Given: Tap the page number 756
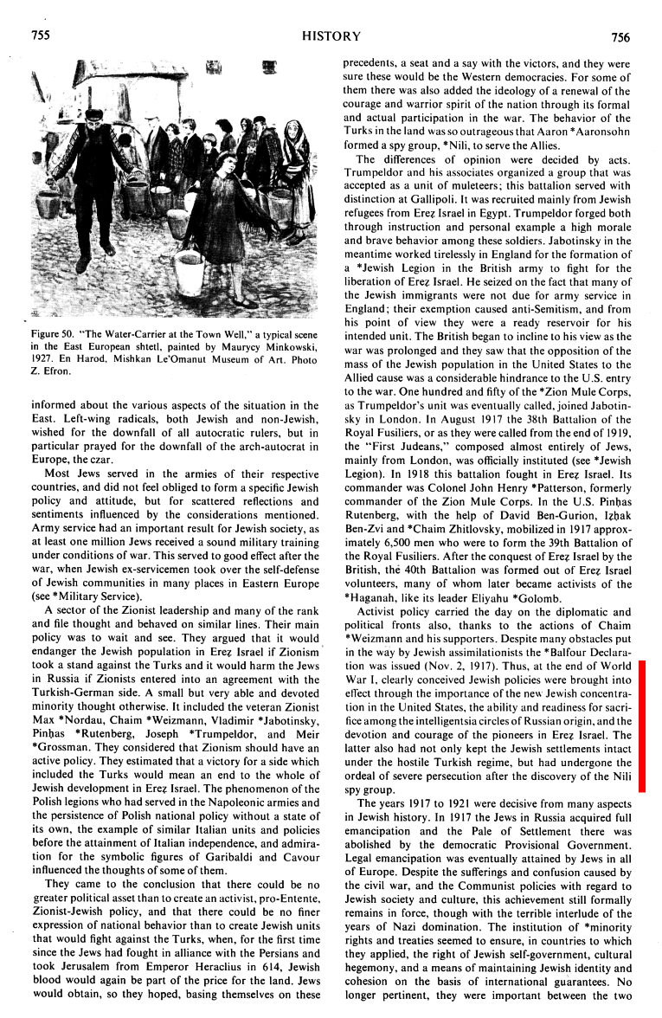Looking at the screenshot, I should tap(620, 36).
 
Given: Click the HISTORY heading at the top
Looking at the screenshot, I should tap(331, 36).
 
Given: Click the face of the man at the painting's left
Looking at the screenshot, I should tap(93, 119).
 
